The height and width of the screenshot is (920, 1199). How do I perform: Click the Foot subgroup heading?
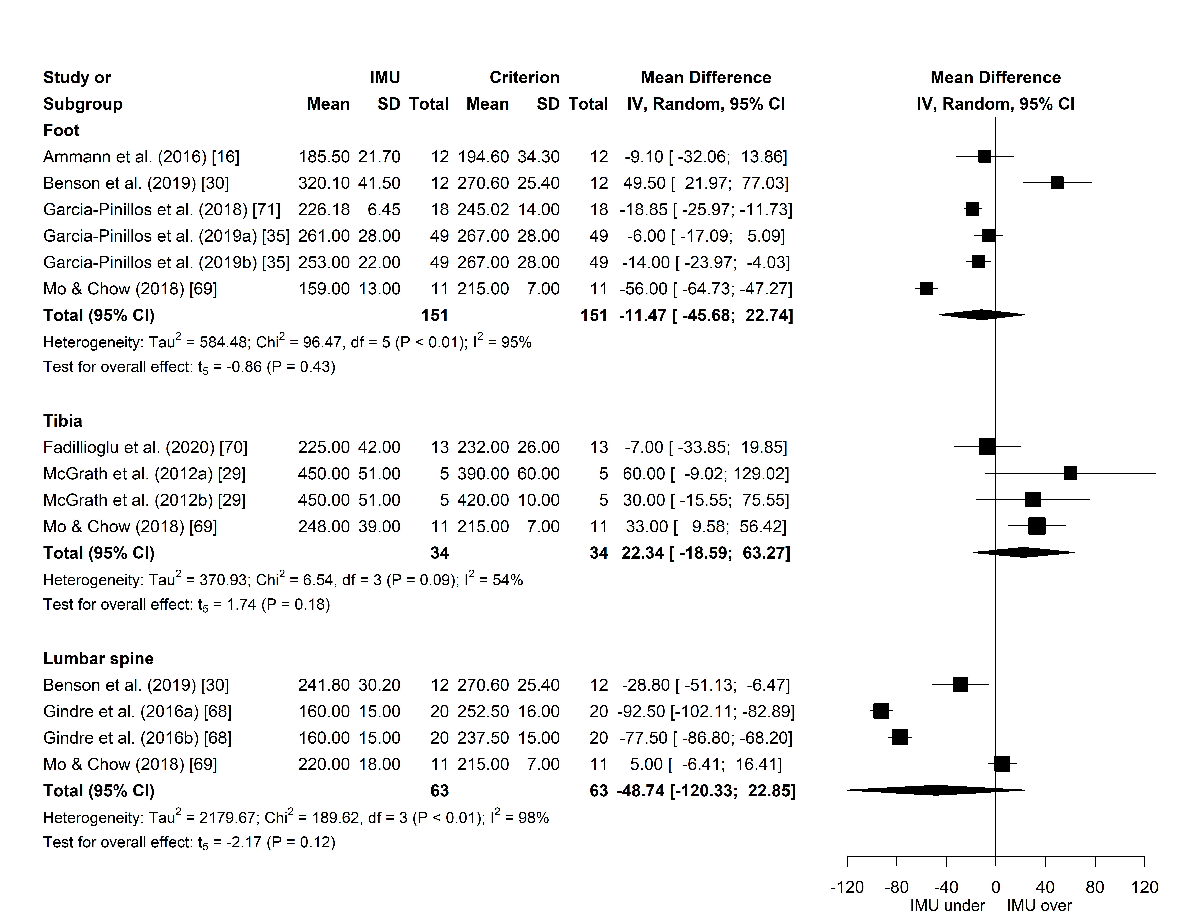(x=61, y=130)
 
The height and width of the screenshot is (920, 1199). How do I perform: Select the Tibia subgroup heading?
(x=62, y=421)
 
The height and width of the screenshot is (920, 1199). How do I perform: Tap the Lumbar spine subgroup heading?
(x=98, y=658)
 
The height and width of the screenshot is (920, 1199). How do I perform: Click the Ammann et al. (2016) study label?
(x=141, y=157)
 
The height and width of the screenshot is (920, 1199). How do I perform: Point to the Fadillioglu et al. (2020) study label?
(x=145, y=447)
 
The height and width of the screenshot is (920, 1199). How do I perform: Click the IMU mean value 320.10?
(x=323, y=183)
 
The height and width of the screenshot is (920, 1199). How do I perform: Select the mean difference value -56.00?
(x=643, y=289)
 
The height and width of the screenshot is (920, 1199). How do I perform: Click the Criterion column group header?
(x=524, y=77)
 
